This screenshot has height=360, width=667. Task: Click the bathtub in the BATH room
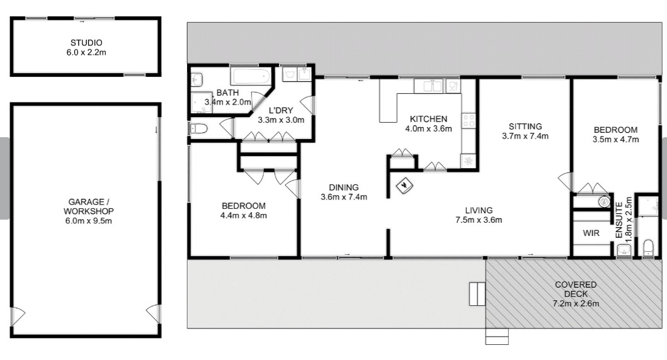251,76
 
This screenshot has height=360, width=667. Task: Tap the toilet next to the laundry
198,128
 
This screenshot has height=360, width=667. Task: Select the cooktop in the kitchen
469,121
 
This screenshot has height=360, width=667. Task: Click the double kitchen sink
428,86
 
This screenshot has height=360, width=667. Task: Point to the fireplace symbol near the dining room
404,185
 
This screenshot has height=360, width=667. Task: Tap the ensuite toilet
648,248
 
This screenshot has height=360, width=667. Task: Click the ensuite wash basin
624,250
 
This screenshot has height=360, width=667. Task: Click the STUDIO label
86,43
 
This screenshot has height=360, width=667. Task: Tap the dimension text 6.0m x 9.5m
88,220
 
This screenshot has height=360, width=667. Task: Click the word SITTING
525,127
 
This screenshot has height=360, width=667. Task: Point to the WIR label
591,233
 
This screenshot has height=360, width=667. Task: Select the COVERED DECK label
576,289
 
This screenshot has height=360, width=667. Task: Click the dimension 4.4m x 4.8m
243,215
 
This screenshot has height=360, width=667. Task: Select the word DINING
344,187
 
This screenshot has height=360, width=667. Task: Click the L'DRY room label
281,111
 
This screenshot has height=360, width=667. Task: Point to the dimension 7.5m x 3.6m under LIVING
479,220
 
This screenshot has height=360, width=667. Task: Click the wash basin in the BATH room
197,79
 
